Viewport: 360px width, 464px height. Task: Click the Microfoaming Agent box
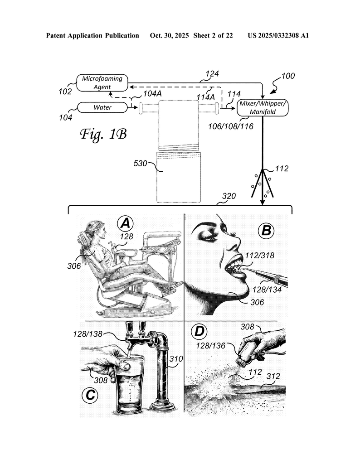102,83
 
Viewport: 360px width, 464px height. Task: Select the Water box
102,107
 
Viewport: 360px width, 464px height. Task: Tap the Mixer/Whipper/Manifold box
263,108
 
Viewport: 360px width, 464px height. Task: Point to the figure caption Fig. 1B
104,134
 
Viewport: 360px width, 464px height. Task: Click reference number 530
140,163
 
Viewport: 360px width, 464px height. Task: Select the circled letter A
125,223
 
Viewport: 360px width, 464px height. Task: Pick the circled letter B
266,231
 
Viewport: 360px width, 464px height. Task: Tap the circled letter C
90,395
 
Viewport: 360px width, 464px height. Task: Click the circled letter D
199,331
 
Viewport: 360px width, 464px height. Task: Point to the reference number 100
288,76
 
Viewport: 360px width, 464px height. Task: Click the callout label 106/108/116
231,126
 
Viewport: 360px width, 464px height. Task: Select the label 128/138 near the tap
88,334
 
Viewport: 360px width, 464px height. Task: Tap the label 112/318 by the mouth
260,256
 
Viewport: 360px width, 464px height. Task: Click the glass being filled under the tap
130,385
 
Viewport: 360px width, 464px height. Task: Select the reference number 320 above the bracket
229,196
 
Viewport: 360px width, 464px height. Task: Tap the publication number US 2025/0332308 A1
278,35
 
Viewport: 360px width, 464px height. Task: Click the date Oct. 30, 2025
169,35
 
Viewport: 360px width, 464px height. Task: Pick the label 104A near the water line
152,94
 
